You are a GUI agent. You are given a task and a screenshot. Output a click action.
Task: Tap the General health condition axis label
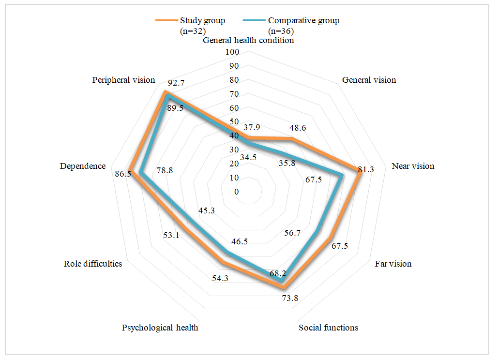click(248, 41)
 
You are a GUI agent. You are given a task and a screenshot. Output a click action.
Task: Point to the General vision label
click(369, 80)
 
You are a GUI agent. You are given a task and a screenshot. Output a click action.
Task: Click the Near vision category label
click(413, 166)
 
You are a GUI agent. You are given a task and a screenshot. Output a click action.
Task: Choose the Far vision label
click(393, 264)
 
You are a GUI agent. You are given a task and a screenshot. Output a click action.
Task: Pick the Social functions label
click(328, 328)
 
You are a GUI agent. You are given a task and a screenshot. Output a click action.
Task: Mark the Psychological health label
click(160, 328)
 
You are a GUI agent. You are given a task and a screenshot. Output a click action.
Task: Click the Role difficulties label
click(92, 264)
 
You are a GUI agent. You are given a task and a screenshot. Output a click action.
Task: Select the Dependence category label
click(83, 166)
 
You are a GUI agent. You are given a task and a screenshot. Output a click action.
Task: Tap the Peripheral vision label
click(123, 80)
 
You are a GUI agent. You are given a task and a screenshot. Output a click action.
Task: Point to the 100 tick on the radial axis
click(233, 52)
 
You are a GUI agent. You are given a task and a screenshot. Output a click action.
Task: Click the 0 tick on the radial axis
click(236, 192)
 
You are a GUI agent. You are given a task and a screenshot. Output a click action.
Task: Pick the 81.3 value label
click(366, 169)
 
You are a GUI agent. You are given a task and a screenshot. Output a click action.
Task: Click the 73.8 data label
click(290, 298)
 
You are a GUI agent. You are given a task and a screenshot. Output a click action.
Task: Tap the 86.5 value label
click(123, 173)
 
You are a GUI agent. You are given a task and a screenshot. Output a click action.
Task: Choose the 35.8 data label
click(287, 163)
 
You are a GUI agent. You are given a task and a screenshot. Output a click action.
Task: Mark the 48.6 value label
click(298, 129)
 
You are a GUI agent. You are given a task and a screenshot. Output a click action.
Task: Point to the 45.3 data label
click(207, 210)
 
